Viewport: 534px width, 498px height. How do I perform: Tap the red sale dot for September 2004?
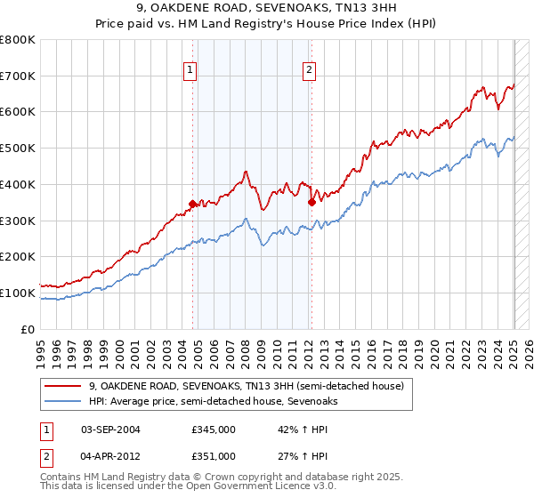192,204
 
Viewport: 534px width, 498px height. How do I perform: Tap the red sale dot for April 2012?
311,202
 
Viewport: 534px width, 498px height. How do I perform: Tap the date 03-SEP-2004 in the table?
110,430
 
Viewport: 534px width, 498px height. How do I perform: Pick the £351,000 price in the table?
213,455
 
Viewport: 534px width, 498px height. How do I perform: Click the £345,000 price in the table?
213,430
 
